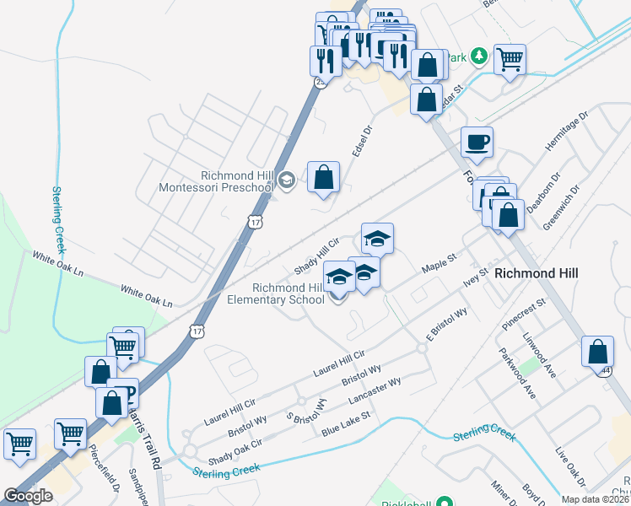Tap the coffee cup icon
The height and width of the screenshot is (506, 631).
(x=477, y=143)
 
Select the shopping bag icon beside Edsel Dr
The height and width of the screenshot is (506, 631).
(x=323, y=177)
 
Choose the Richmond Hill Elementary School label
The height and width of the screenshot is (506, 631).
(x=276, y=293)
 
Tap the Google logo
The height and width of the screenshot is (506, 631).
(x=29, y=496)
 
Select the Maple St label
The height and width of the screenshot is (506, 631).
(x=439, y=258)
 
